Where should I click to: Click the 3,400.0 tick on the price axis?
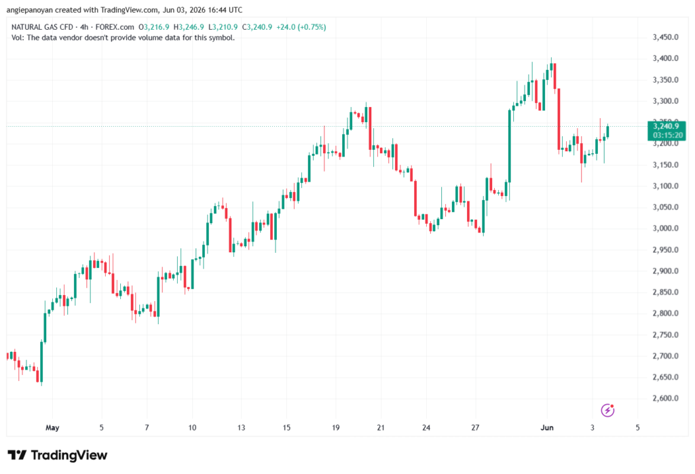[x=665, y=58]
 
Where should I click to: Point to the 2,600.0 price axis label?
[x=665, y=398]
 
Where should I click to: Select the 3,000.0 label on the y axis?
[x=665, y=228]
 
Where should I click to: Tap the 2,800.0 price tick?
[x=665, y=313]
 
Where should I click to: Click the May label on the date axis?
[x=52, y=427]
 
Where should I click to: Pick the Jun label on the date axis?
[x=547, y=427]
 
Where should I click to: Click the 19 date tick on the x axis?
[x=335, y=427]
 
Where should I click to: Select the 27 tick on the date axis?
[x=475, y=427]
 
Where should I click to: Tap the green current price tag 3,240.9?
[x=666, y=126]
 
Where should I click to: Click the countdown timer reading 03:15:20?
[x=668, y=135]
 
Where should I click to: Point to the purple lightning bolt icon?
[x=607, y=410]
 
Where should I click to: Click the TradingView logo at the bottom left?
[x=58, y=455]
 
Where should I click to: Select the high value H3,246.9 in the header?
[x=189, y=27]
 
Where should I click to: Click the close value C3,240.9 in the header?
[x=257, y=27]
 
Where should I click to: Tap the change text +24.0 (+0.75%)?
[x=301, y=27]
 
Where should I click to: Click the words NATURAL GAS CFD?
[x=42, y=27]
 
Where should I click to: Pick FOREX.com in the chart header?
[x=115, y=27]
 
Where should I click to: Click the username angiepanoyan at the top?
[x=30, y=9]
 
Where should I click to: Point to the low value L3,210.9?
[x=223, y=27]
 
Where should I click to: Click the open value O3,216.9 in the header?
[x=154, y=27]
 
